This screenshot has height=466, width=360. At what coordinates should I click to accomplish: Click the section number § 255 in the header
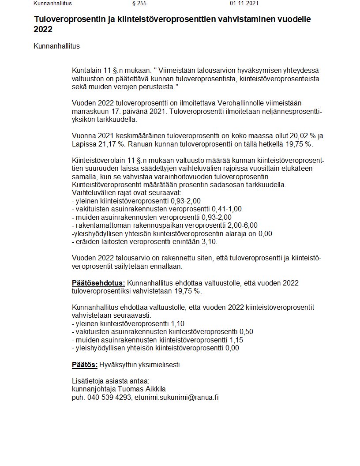[x=139, y=3]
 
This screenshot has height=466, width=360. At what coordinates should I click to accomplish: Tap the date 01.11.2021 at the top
[x=244, y=3]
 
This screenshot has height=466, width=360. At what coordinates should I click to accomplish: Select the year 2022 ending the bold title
[x=43, y=30]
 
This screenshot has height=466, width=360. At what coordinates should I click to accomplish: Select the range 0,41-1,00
[x=227, y=209]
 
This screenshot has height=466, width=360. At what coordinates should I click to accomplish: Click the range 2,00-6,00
[x=243, y=225]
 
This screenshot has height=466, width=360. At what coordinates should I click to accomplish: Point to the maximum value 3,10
[x=207, y=241]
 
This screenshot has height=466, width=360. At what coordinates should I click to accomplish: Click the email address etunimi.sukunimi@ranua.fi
[x=177, y=397]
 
